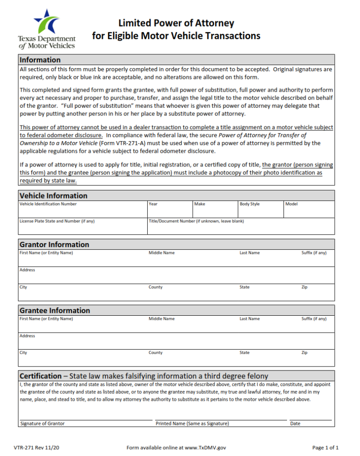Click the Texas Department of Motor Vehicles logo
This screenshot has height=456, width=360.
coord(47,28)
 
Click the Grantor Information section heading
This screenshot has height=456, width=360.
coord(54,244)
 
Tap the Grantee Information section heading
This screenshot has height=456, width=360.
coord(55,310)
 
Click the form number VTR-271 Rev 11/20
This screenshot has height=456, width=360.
coord(42,448)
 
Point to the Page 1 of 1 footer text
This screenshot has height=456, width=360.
coord(325,448)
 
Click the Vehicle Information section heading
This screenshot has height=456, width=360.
coord(53,195)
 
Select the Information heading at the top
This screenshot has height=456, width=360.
coord(40,60)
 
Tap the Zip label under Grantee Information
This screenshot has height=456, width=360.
coord(304,353)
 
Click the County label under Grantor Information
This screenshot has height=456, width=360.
coord(155,287)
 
